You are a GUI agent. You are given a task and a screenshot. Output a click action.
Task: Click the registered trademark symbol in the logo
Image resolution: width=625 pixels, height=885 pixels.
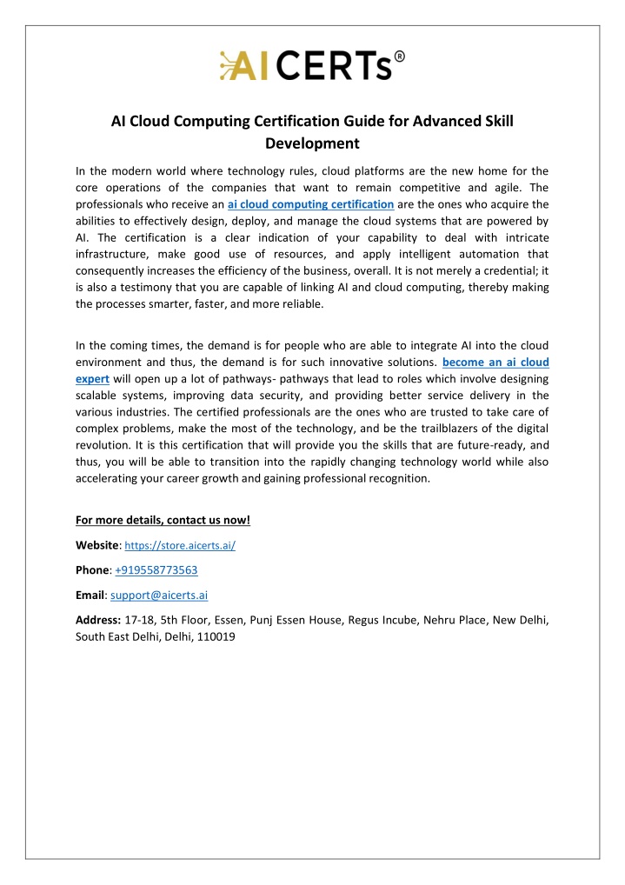(x=398, y=58)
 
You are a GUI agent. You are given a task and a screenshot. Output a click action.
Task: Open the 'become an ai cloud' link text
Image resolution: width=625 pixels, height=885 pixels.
(x=495, y=361)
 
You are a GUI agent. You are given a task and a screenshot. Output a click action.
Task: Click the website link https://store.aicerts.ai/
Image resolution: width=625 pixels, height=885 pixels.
(x=181, y=546)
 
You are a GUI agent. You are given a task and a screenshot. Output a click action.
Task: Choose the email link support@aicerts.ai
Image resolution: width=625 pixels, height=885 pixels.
(x=159, y=596)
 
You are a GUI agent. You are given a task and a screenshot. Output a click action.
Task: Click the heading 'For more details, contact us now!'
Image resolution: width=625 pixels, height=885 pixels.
(x=163, y=521)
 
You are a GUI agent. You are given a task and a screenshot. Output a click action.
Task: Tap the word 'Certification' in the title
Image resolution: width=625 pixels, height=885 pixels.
(x=283, y=122)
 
